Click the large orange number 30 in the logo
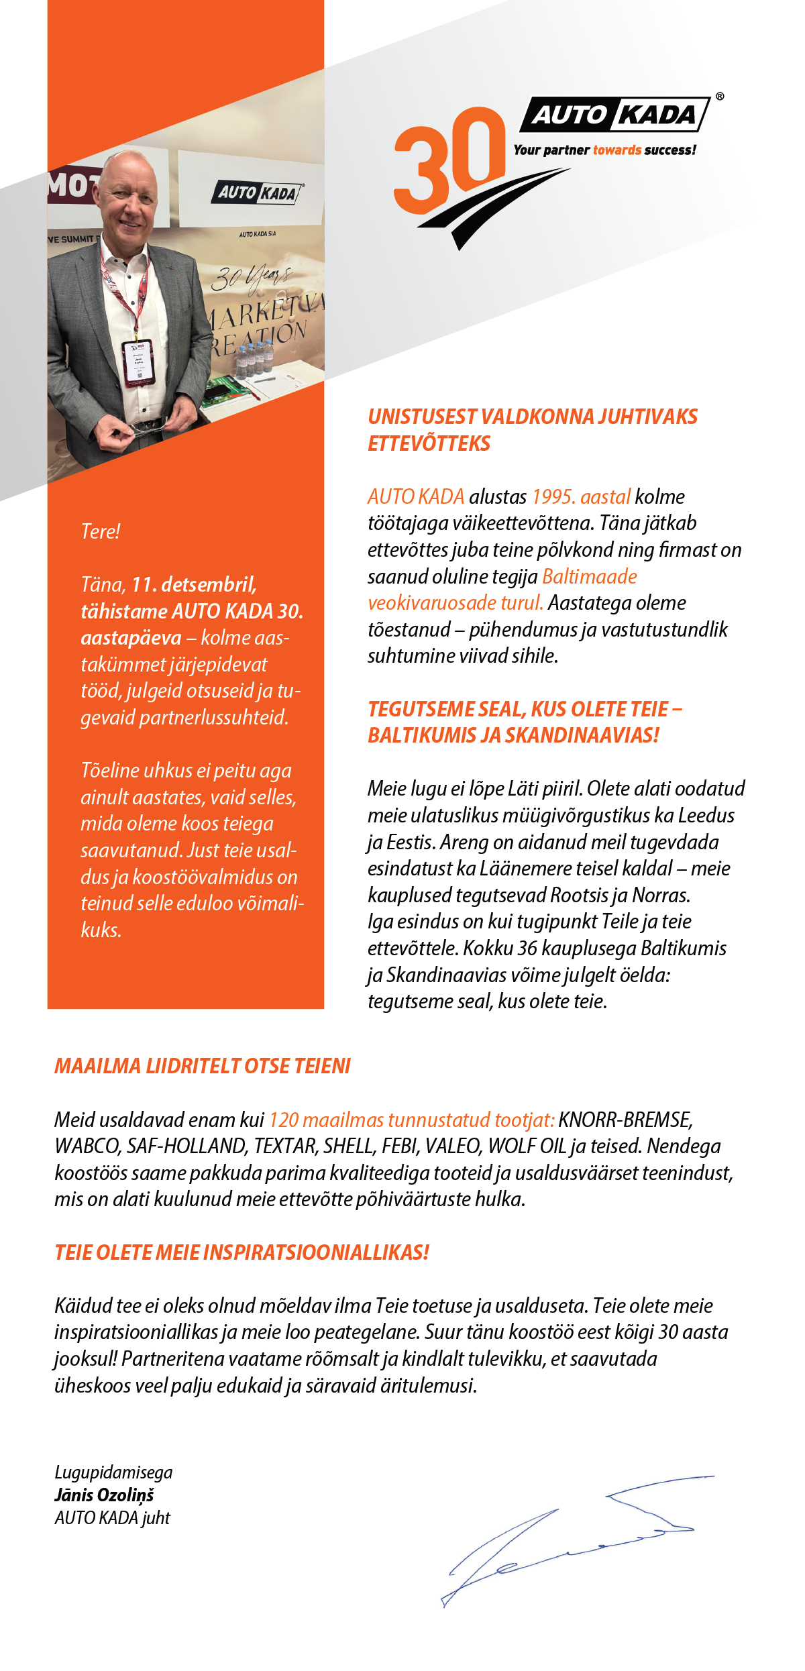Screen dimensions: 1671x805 click(x=448, y=160)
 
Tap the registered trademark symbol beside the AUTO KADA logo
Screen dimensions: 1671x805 click(x=720, y=97)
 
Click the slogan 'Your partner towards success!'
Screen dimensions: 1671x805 click(x=604, y=150)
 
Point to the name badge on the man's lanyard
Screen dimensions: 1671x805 click(x=138, y=362)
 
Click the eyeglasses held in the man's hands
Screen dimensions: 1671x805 click(x=149, y=427)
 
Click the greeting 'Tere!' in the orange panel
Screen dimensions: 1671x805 click(x=101, y=531)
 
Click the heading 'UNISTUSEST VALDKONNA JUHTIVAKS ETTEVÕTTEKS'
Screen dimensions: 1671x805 click(x=532, y=430)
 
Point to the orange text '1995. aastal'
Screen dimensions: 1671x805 click(x=581, y=496)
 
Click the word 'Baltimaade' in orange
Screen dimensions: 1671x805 click(x=589, y=576)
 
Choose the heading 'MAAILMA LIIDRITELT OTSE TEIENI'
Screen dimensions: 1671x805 click(x=203, y=1066)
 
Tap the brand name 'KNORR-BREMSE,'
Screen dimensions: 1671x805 click(x=625, y=1120)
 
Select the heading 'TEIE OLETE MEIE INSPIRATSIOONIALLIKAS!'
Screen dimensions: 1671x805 click(x=241, y=1252)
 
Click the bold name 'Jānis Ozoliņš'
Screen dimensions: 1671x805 click(x=105, y=1495)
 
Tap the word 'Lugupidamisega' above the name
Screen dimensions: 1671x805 click(x=113, y=1472)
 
